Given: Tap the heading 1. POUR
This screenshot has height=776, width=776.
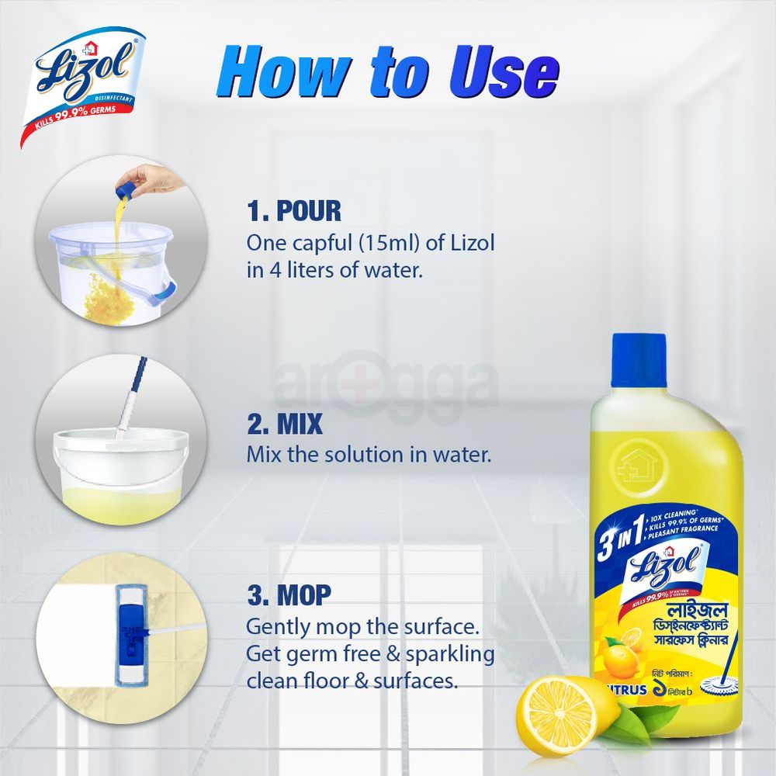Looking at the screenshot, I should (x=294, y=211).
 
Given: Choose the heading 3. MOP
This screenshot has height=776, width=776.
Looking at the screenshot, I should (x=289, y=595).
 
